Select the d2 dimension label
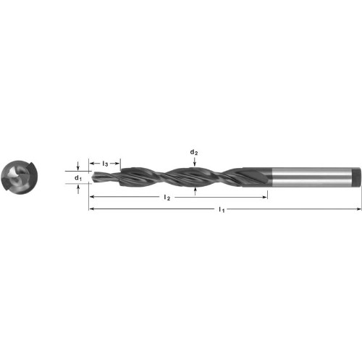click(194, 152)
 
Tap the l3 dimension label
click(106, 164)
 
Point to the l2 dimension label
click(167, 197)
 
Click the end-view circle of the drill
click(19, 178)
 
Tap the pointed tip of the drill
click(90, 177)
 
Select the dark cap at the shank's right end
click(356, 178)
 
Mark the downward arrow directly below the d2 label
click(194, 162)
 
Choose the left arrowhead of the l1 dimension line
click(91, 209)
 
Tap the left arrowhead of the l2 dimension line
click(91, 197)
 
